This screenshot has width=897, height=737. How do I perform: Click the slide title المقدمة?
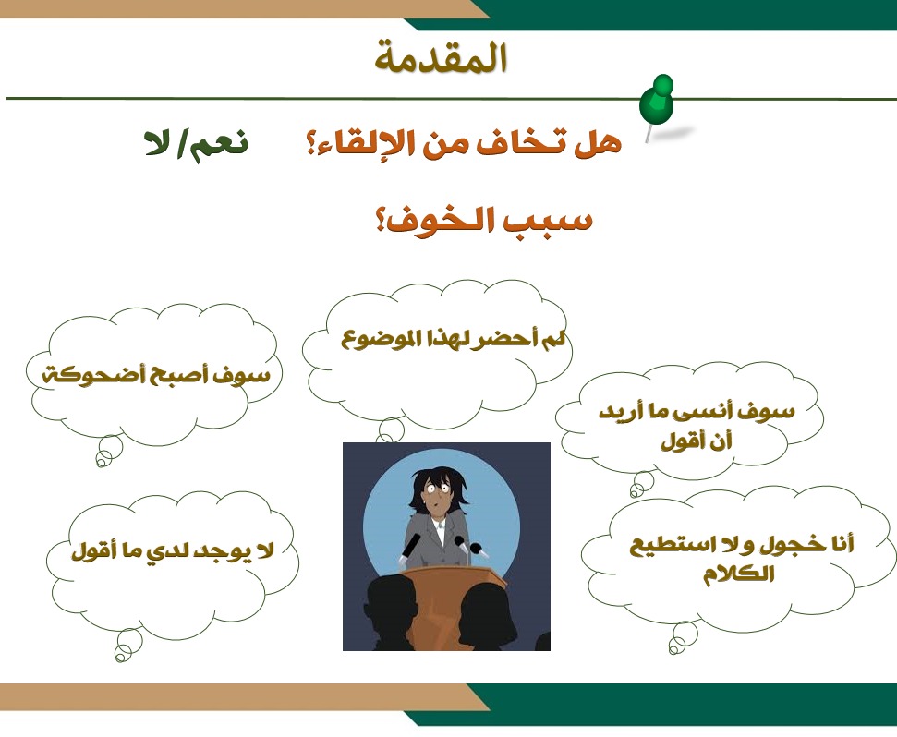[x=441, y=58]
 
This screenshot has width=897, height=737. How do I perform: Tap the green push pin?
[x=658, y=102]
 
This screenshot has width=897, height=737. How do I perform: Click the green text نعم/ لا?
[x=196, y=142]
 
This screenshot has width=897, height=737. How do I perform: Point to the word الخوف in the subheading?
[x=438, y=221]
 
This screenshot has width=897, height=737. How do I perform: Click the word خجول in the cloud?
[x=792, y=545]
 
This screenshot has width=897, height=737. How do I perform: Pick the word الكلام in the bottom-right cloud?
[x=738, y=574]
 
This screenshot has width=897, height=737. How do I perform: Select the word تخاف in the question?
[x=517, y=142]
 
